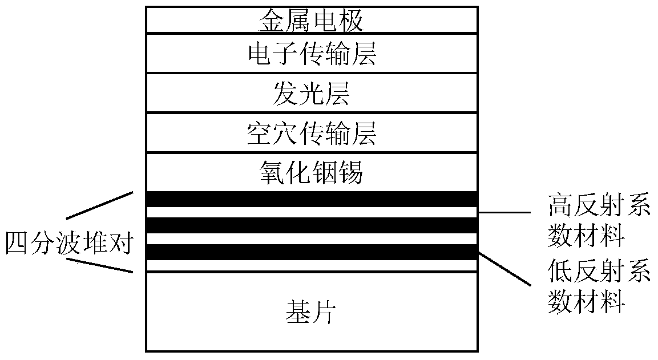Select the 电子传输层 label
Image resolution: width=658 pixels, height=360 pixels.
(x=312, y=55)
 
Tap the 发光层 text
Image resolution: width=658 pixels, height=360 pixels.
(x=312, y=95)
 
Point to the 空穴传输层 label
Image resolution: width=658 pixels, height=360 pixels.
(x=312, y=135)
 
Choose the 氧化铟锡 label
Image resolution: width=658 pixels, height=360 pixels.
(x=312, y=173)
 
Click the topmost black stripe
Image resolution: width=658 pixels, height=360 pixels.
(x=312, y=199)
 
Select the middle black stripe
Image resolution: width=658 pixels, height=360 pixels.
(x=312, y=225)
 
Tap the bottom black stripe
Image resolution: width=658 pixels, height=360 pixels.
(x=312, y=252)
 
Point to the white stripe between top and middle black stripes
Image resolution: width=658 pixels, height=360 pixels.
(x=312, y=212)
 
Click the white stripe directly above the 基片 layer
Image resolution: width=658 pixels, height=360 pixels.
(x=312, y=265)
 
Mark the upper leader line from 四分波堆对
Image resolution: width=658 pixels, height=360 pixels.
(x=100, y=205)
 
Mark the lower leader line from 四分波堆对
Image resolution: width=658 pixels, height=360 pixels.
(x=100, y=265)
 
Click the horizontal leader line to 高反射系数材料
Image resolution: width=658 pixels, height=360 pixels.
(x=503, y=213)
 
